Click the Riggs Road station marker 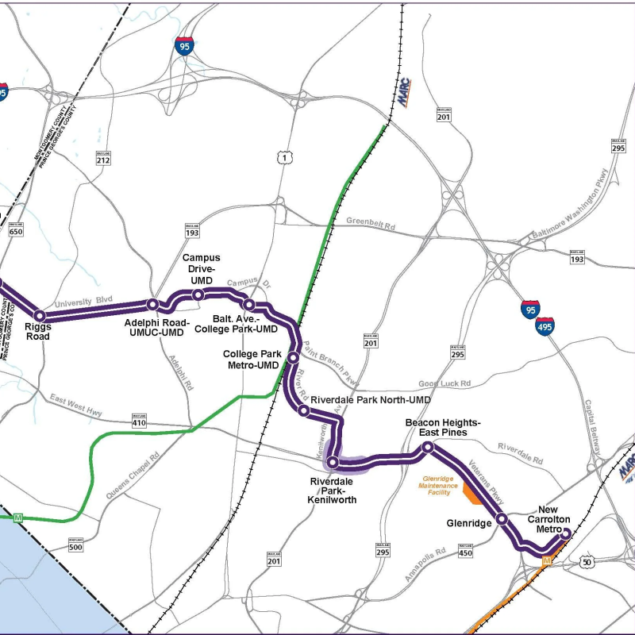(x=40, y=317)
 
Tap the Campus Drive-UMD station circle (x=198, y=294)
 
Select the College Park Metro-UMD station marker (x=292, y=357)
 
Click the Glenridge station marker (x=502, y=520)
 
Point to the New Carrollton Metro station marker (x=565, y=534)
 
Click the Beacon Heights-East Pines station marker (x=427, y=448)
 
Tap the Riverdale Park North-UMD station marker (x=303, y=410)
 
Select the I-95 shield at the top (x=184, y=45)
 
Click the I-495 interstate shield (x=545, y=325)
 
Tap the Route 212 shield (x=102, y=158)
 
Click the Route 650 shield (x=16, y=229)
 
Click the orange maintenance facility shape (x=470, y=496)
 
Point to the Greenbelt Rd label (x=370, y=225)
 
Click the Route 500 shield (x=75, y=546)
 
